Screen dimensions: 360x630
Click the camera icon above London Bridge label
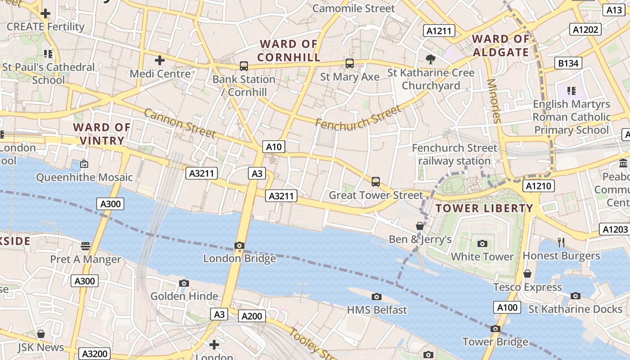coord(239,246)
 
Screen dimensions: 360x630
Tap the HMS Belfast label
coord(377,310)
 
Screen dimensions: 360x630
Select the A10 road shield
coord(274,147)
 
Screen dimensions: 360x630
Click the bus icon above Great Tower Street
coord(376,182)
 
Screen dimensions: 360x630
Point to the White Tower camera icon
coord(482,244)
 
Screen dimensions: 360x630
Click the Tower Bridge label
coord(495,342)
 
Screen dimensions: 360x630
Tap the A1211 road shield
coord(439,31)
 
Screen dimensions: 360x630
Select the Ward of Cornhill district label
coord(288,50)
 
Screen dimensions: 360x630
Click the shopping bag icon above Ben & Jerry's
coord(420,226)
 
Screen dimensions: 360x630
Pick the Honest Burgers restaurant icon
coord(561,243)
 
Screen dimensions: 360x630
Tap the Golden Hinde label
coord(184,296)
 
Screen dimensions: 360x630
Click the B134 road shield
coord(568,63)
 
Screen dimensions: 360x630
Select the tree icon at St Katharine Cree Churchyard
coord(431,59)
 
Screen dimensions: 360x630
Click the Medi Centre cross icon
coord(160,60)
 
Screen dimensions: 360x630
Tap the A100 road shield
coord(507,308)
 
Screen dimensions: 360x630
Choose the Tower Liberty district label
coord(484,208)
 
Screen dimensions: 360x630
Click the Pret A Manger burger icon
coord(85,246)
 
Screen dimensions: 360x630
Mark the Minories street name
coord(494,101)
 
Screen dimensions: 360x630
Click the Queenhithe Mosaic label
coord(85,177)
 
